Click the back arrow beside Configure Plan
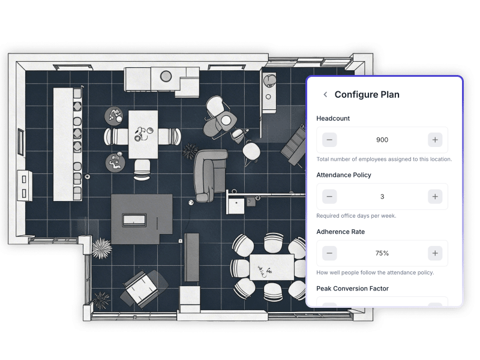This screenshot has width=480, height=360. tap(325, 95)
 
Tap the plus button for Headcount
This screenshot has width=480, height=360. tap(435, 140)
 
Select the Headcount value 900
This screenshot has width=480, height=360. tap(382, 140)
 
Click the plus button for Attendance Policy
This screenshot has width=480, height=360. tap(435, 197)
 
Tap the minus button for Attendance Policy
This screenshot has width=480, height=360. tap(329, 197)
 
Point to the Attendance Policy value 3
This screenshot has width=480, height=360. tap(382, 197)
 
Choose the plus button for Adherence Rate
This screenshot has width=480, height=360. tap(435, 253)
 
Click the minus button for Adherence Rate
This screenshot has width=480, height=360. tap(329, 253)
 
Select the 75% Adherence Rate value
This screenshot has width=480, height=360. tap(382, 253)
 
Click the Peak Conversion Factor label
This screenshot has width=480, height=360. tap(352, 289)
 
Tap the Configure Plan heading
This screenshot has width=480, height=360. tap(367, 95)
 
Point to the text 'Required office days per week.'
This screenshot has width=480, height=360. tap(356, 216)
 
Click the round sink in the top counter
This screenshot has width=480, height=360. tap(166, 76)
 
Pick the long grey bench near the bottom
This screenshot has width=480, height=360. tap(192, 257)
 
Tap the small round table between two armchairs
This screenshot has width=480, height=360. tap(226, 121)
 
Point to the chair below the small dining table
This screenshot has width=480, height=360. tap(142, 170)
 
